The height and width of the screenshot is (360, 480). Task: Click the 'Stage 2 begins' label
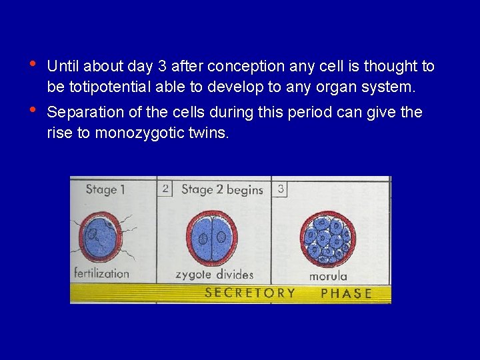[222, 189]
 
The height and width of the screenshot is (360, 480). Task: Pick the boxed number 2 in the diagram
[165, 189]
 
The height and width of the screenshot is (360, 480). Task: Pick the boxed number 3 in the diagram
[281, 189]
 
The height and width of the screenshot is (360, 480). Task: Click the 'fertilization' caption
[102, 273]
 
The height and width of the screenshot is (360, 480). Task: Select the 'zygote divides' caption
[214, 274]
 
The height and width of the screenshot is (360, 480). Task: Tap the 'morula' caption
[327, 275]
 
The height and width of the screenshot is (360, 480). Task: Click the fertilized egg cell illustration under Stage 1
[102, 237]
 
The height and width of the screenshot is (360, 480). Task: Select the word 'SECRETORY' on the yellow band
[250, 293]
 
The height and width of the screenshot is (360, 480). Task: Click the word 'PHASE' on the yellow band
[347, 293]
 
